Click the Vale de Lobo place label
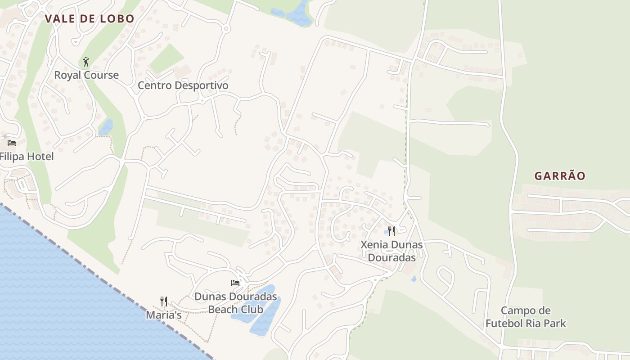pyautogui.click(x=90, y=19)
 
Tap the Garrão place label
pyautogui.click(x=560, y=176)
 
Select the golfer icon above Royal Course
pyautogui.click(x=86, y=62)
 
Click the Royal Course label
pyautogui.click(x=86, y=75)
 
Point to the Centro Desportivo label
pyautogui.click(x=183, y=85)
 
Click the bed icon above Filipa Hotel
pyautogui.click(x=12, y=143)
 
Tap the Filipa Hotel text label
pyautogui.click(x=27, y=157)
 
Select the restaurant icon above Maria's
pyautogui.click(x=164, y=301)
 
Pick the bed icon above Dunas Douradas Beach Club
pyautogui.click(x=235, y=283)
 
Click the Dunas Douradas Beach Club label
pyautogui.click(x=235, y=303)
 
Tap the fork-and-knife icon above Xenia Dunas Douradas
pyautogui.click(x=391, y=231)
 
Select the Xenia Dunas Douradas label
pyautogui.click(x=391, y=251)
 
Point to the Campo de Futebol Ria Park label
pyautogui.click(x=526, y=317)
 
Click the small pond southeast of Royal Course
pyautogui.click(x=106, y=127)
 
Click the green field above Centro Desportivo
pyautogui.click(x=166, y=58)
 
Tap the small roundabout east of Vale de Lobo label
pyautogui.click(x=226, y=29)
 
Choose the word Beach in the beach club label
pyautogui.click(x=222, y=310)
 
